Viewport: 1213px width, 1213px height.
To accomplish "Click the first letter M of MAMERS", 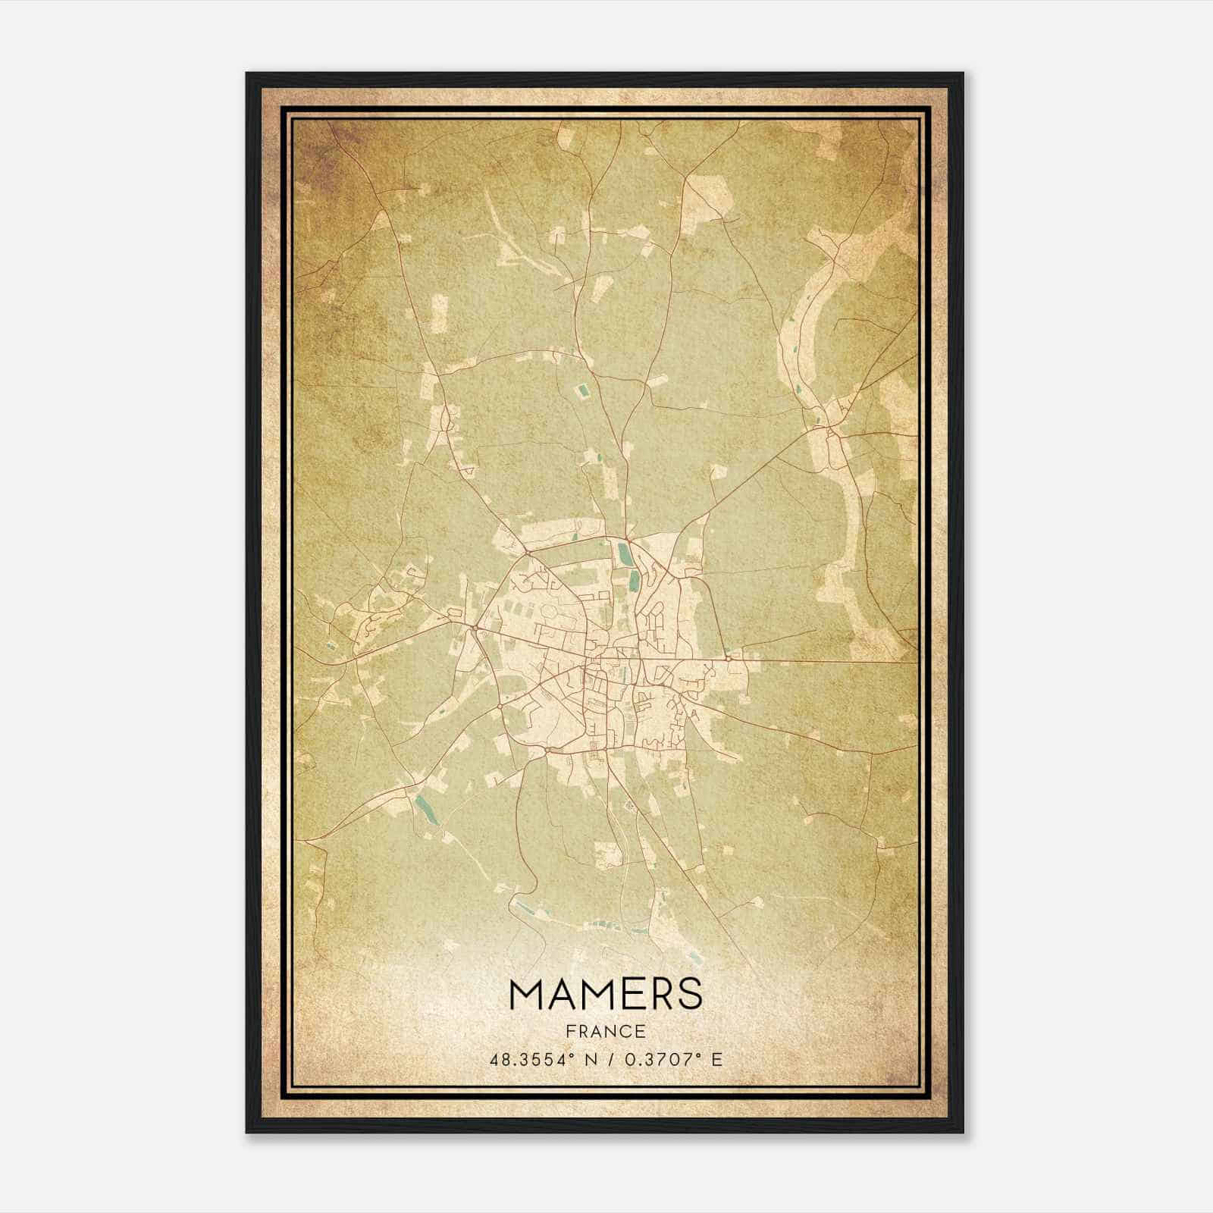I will tap(527, 994).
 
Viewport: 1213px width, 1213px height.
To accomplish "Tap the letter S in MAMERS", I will tap(689, 994).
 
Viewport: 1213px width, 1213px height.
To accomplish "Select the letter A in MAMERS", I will tap(563, 994).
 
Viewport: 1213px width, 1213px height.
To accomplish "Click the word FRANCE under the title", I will tap(606, 1031).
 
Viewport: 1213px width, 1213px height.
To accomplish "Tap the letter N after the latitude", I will tap(590, 1059).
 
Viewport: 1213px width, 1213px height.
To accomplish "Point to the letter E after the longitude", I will tap(716, 1059).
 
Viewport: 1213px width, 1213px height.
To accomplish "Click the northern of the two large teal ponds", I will tap(623, 553).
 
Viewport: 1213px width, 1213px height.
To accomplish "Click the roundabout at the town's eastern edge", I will tap(728, 658).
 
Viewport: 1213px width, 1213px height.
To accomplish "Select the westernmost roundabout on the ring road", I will tap(473, 628).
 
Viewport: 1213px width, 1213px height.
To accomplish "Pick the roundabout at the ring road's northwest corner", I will tap(525, 553).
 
